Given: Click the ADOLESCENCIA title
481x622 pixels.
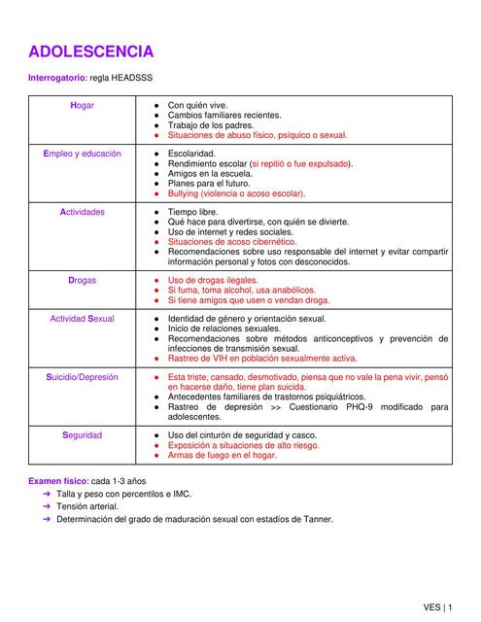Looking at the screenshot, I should [x=90, y=51].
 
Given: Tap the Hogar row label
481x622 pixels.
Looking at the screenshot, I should [x=83, y=105].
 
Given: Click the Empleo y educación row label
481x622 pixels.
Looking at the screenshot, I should [x=83, y=154].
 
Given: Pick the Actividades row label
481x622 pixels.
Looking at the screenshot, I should [x=83, y=212].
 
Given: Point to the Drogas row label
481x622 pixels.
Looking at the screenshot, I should [x=83, y=280].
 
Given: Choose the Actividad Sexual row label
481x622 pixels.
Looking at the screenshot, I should [x=83, y=319].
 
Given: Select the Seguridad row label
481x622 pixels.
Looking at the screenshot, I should [x=83, y=435].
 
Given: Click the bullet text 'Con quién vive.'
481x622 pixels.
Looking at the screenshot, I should [x=198, y=105].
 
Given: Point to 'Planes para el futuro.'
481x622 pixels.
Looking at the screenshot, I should [x=209, y=184].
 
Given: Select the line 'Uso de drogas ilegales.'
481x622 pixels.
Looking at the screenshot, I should [x=214, y=280].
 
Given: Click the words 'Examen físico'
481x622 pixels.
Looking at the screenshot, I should [x=57, y=481].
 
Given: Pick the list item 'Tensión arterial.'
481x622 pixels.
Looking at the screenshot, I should [x=87, y=506].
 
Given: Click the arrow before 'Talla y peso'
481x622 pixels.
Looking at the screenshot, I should [x=46, y=494].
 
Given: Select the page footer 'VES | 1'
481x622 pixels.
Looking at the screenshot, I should [x=436, y=606].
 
